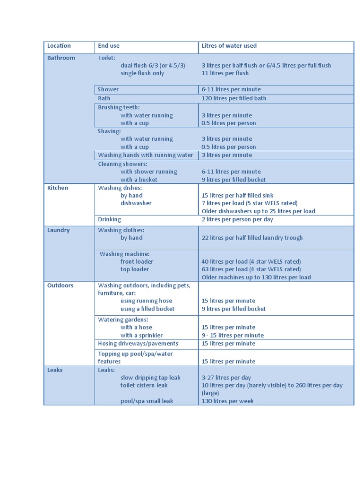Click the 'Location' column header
[x=59, y=46]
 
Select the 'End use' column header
[x=109, y=46]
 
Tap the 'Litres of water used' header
[x=229, y=46]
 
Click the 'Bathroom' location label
[x=61, y=58]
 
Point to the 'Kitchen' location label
[x=58, y=188]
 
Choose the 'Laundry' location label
[x=59, y=230]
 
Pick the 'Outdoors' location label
[x=60, y=285]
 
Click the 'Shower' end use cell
[x=108, y=89]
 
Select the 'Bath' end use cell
[x=104, y=98]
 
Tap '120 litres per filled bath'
[x=234, y=98]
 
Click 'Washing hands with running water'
[x=146, y=155]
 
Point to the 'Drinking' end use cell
[x=110, y=219]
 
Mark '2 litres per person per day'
[x=237, y=219]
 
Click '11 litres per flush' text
[x=225, y=73]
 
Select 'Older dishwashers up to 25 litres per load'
[x=259, y=211]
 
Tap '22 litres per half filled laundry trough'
[x=252, y=238]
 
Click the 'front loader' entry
[x=137, y=261]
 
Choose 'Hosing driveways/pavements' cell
[x=138, y=344]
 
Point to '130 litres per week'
[x=228, y=401]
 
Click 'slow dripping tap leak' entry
[x=150, y=378]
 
